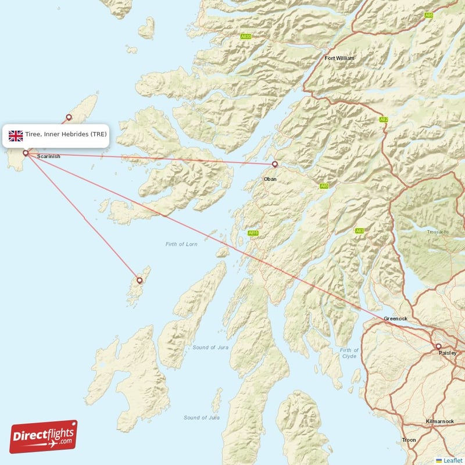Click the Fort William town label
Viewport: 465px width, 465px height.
point(339,58)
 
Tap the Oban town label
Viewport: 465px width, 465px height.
point(270,179)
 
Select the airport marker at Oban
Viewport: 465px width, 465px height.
point(276,164)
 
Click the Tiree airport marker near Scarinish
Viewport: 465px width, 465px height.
point(26,153)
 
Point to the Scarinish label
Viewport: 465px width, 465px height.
point(48,156)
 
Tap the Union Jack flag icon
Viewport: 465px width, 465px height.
point(16,135)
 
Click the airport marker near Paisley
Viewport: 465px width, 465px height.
point(439,346)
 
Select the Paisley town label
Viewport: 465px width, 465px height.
point(448,353)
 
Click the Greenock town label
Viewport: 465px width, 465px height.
point(395,319)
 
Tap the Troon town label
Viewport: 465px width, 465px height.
point(409,440)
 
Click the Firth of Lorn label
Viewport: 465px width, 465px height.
point(181,244)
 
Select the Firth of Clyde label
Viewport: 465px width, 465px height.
point(349,353)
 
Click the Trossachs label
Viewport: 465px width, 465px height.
point(438,232)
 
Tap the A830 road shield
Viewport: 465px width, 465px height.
point(246,37)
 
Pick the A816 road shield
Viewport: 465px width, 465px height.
point(253,233)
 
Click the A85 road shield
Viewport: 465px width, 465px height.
point(324,185)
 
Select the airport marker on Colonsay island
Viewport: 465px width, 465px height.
point(139,280)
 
